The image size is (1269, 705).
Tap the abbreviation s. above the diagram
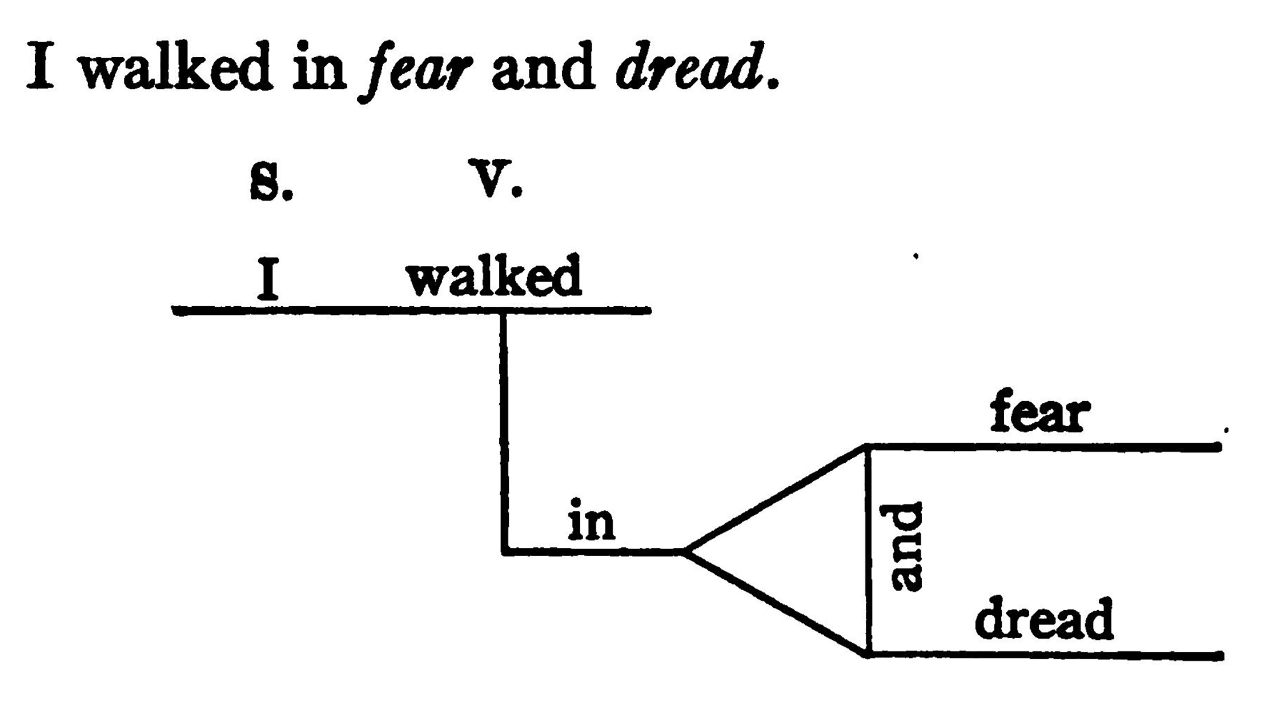pos(271,181)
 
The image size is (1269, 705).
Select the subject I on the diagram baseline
pos(267,278)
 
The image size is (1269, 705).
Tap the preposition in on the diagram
pos(592,520)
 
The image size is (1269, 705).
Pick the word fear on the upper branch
pos(1039,410)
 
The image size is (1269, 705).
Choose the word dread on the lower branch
pos(1044,618)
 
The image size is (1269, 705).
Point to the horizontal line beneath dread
pos(1045,655)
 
